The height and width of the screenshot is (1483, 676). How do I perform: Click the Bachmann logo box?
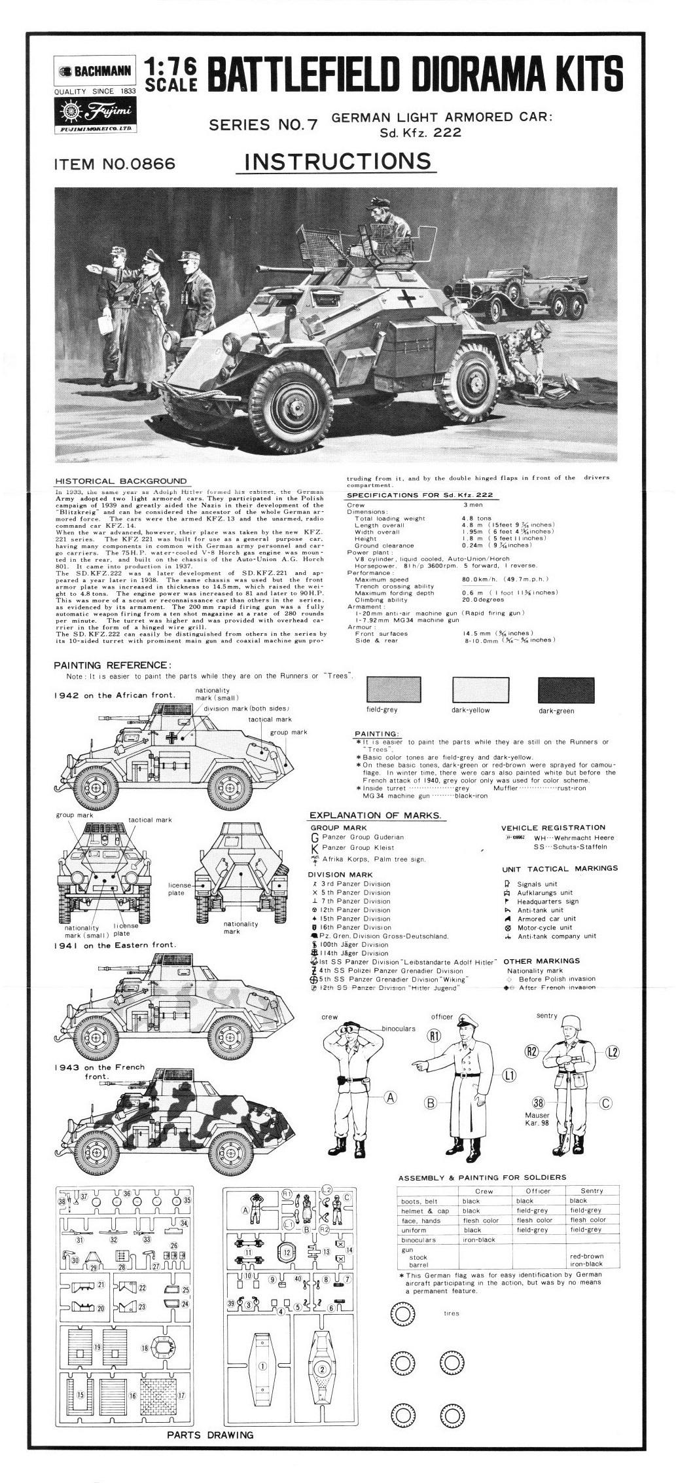tap(94, 71)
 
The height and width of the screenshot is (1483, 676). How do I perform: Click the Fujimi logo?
tap(94, 115)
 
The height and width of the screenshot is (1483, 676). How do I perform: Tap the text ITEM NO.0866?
tap(115, 164)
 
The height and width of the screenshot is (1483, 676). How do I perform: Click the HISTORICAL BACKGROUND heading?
tap(122, 481)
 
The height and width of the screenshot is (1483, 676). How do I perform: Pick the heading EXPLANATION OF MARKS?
tap(375, 815)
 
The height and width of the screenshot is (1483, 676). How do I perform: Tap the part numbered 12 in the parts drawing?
tap(287, 1251)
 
